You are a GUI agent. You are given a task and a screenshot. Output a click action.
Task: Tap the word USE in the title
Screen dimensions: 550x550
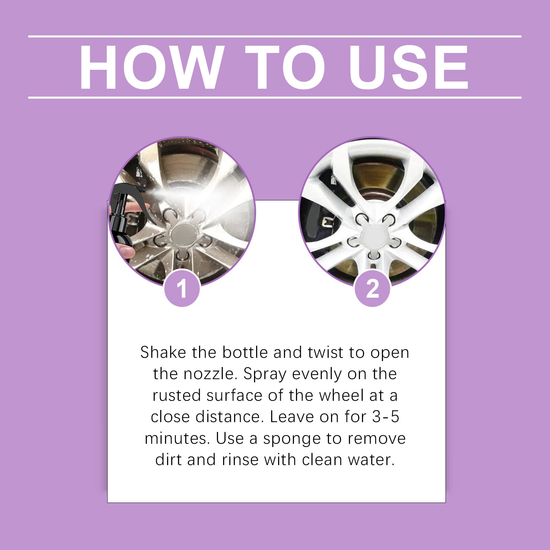[409, 67]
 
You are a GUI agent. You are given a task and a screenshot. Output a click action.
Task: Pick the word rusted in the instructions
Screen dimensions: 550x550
[177, 395]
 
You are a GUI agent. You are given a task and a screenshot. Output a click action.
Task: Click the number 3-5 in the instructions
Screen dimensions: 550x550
[386, 417]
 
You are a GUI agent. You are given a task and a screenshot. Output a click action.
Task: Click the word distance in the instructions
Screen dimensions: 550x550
[227, 417]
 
